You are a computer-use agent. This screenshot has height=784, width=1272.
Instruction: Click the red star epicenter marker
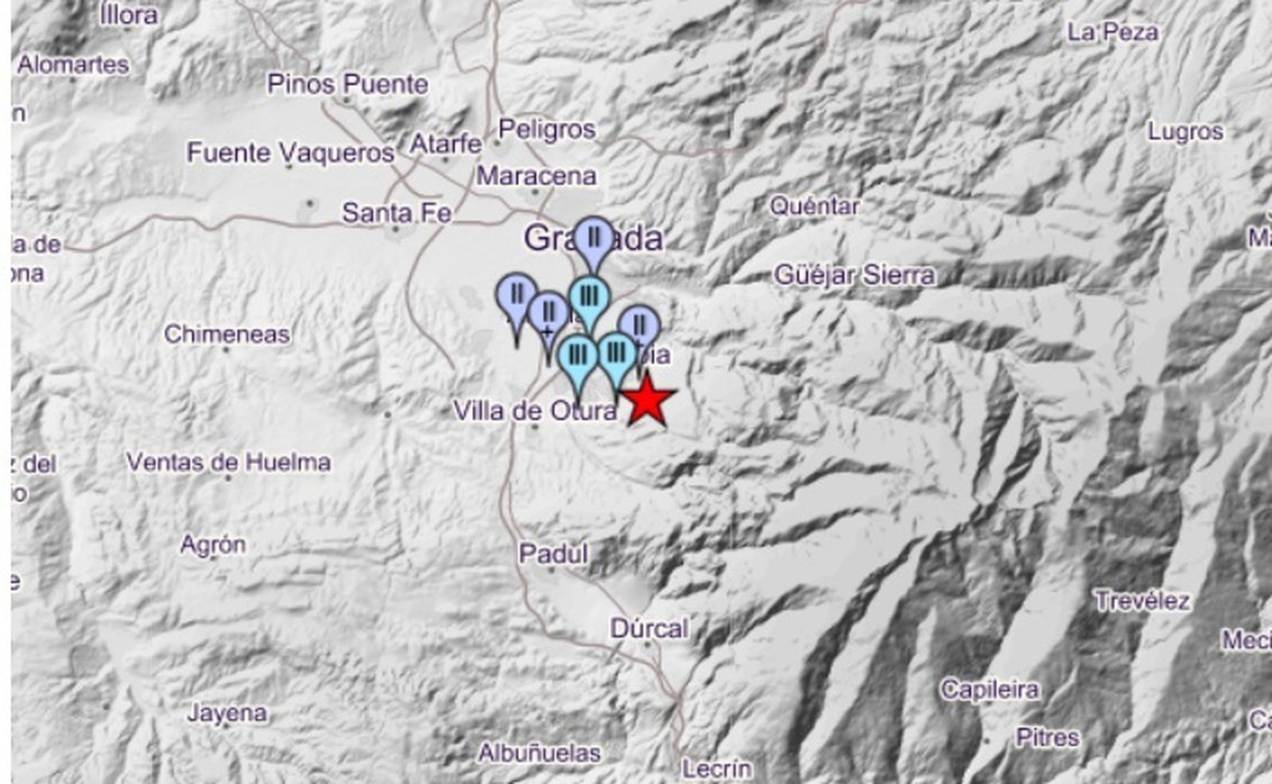(x=648, y=400)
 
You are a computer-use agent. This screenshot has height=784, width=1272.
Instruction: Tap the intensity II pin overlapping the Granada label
(x=593, y=237)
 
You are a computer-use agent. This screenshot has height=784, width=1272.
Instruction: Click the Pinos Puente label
(x=347, y=84)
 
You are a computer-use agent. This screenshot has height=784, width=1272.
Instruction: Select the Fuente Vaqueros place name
(x=290, y=153)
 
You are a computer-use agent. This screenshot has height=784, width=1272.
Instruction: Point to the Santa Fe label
(x=397, y=213)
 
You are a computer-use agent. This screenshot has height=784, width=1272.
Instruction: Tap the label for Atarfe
(x=445, y=144)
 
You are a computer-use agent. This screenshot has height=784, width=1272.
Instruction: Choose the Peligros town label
(x=546, y=129)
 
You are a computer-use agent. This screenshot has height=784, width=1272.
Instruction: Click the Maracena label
(x=536, y=176)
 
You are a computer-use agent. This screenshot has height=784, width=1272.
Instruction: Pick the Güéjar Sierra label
(x=854, y=276)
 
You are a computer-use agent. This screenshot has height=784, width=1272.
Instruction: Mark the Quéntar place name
(x=814, y=207)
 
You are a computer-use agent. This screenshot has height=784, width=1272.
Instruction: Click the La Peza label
(x=1112, y=33)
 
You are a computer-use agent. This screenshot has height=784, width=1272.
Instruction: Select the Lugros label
(x=1185, y=131)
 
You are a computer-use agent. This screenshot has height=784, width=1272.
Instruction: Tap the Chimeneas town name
(x=227, y=334)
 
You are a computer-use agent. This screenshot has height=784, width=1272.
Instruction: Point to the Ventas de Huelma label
(x=228, y=462)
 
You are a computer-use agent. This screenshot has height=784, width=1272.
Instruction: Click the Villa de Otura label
(x=534, y=411)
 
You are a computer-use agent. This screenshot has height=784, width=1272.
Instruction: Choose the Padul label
(x=553, y=553)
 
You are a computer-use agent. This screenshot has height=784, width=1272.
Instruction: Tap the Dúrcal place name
(x=649, y=628)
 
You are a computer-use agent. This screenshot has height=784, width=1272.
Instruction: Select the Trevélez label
(x=1142, y=601)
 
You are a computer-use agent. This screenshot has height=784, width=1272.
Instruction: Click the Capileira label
(x=989, y=689)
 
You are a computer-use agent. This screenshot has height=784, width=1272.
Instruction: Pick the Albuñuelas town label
(x=539, y=752)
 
